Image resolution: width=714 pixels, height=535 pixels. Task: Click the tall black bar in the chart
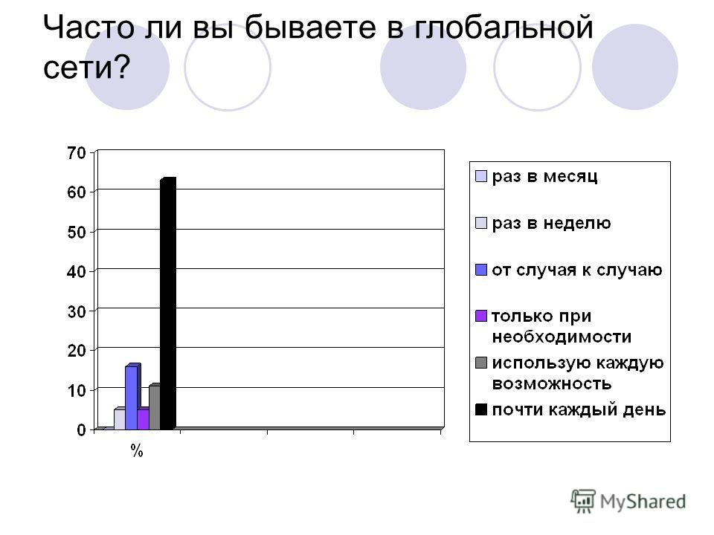168,303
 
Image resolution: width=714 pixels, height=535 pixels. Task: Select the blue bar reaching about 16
132,397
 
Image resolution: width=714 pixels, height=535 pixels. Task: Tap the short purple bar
143,418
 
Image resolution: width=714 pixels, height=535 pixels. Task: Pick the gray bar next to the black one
155,407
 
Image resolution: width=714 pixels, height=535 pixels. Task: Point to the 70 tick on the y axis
77,153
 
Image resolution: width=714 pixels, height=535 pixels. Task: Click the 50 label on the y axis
77,232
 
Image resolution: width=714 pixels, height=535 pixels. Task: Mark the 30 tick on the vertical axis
77,311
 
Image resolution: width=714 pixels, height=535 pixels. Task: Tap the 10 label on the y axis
77,390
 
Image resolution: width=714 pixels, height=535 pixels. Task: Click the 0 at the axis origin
82,430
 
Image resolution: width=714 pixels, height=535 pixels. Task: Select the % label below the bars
137,451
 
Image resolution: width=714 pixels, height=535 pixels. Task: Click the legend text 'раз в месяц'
544,177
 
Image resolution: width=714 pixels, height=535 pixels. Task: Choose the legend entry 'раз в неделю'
551,224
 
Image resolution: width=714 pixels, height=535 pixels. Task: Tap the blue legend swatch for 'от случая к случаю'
481,270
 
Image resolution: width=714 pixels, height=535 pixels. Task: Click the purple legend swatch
481,317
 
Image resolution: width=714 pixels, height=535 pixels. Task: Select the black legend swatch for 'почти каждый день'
481,409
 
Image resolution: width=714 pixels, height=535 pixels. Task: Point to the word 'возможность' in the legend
552,384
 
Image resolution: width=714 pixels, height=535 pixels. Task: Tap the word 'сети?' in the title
86,68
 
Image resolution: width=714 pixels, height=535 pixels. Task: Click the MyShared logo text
643,502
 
